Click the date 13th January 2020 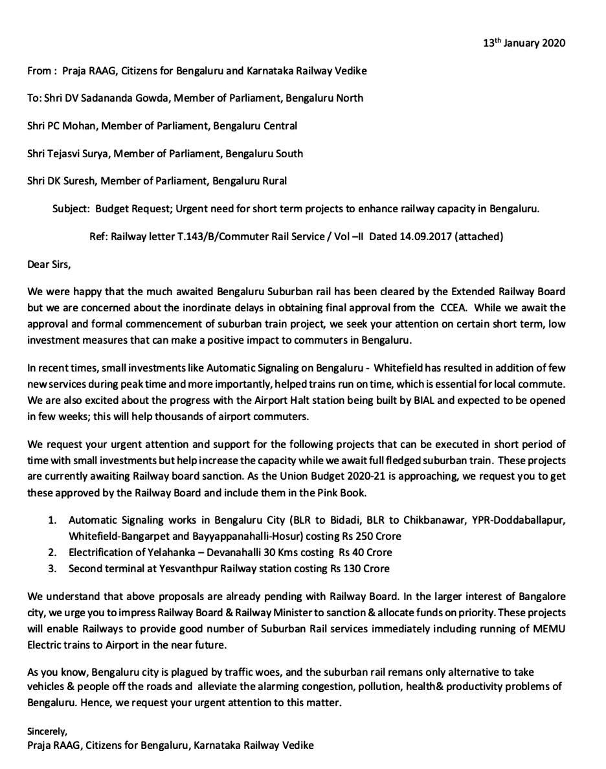click(x=524, y=43)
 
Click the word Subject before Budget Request click(x=71, y=209)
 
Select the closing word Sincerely click(x=47, y=732)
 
